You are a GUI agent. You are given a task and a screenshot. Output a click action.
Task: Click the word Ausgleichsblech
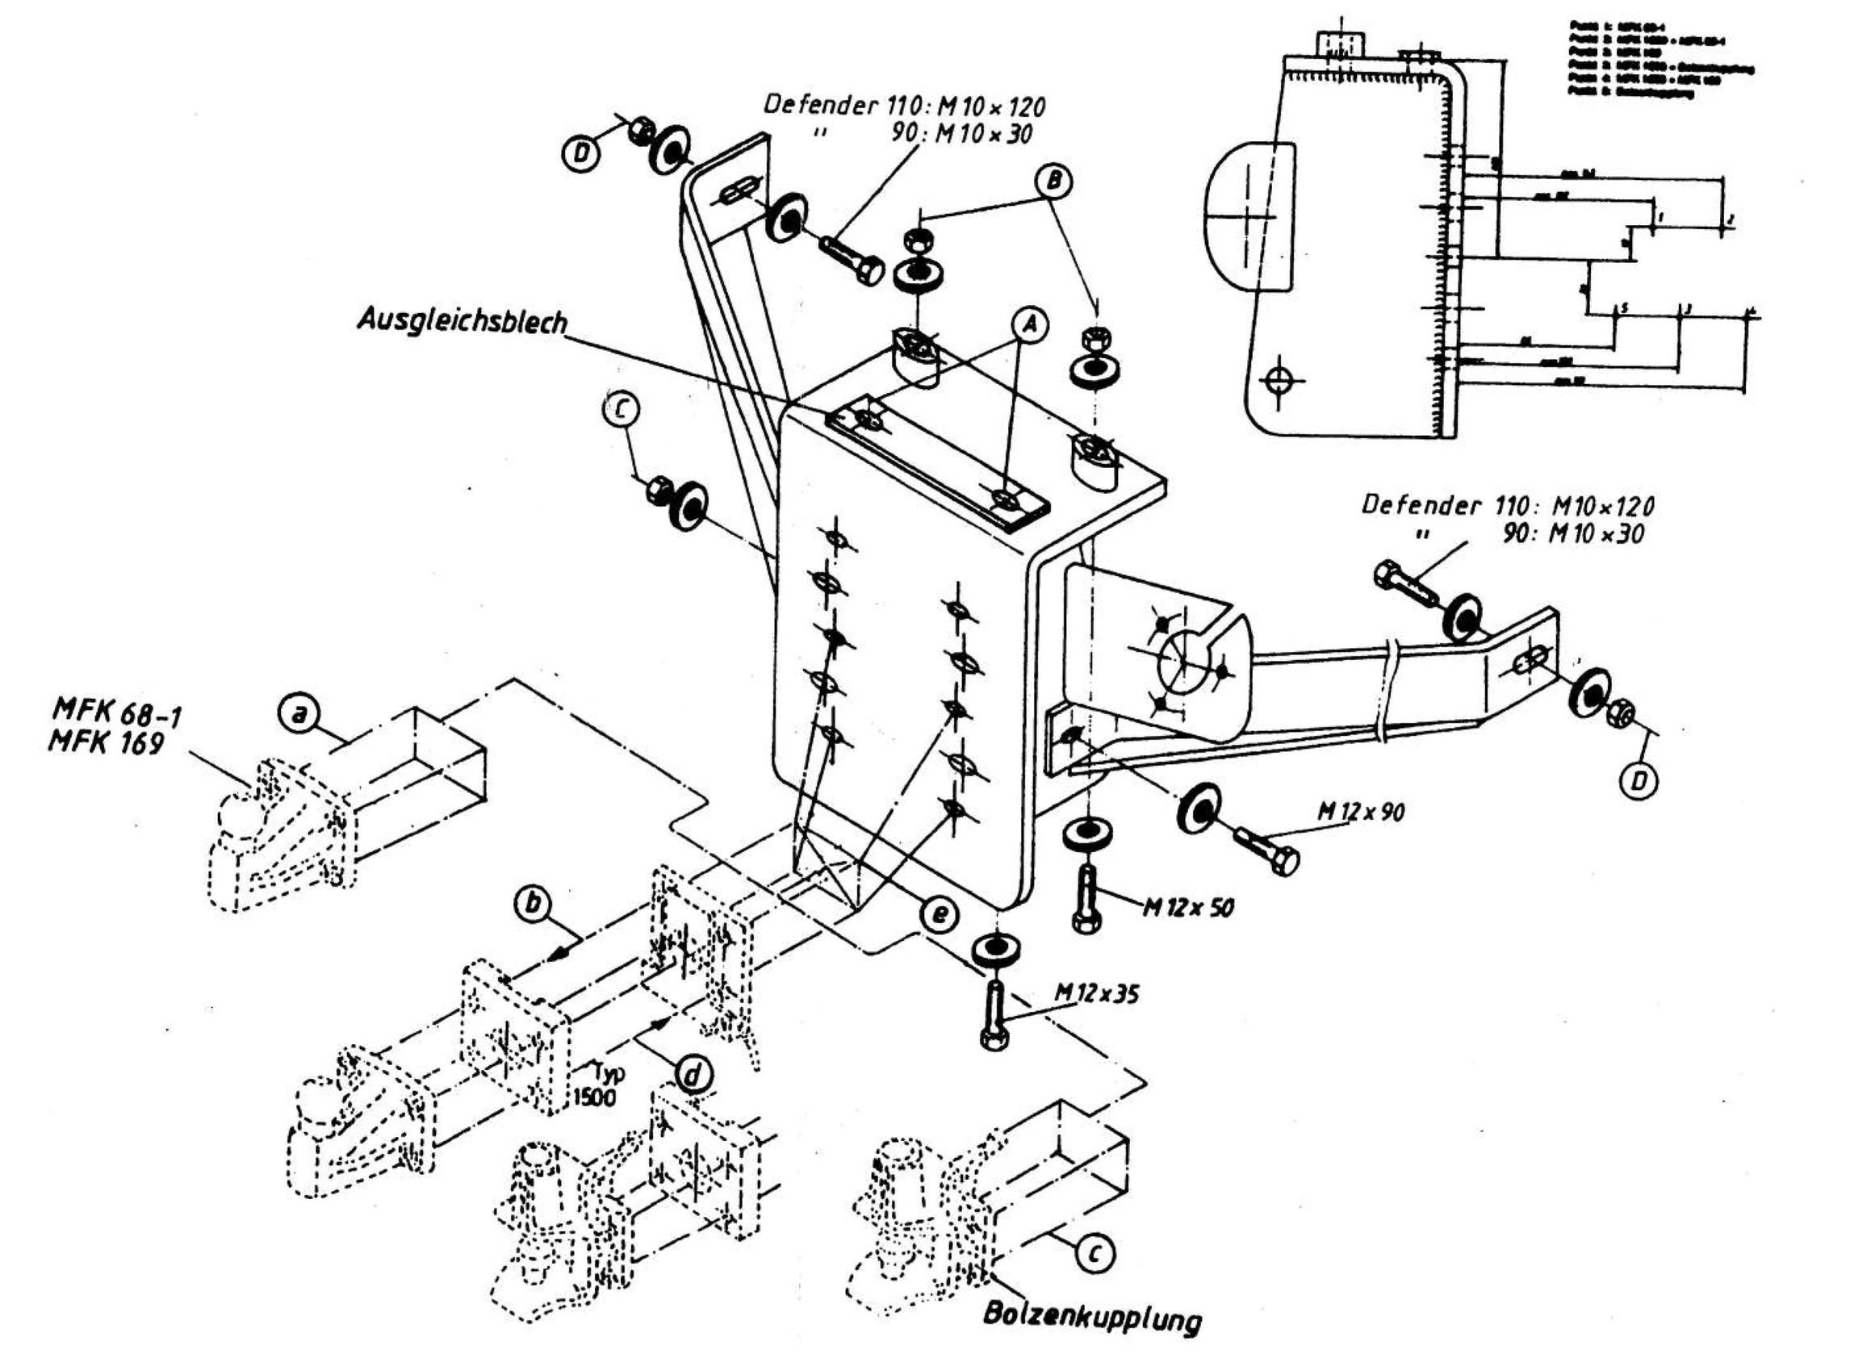[x=462, y=320]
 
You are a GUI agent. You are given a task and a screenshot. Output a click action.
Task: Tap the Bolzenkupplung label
[x=1092, y=1318]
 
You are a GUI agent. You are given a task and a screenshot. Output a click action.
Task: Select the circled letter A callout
[x=1032, y=325]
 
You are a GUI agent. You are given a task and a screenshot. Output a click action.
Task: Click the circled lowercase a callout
[x=300, y=716]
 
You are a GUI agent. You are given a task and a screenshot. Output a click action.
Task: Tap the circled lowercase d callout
[x=693, y=1073]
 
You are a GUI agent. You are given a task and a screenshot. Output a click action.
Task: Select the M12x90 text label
[x=1361, y=812]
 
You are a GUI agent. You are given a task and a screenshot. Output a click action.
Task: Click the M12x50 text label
[x=1187, y=906]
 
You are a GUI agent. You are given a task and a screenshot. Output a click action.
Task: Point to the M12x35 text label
[x=1096, y=995]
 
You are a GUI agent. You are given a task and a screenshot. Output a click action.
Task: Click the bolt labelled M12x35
[x=993, y=1017]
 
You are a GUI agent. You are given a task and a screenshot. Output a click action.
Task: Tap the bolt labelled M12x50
[x=1087, y=899]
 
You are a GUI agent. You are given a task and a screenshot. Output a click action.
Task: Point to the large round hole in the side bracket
[x=1184, y=662]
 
